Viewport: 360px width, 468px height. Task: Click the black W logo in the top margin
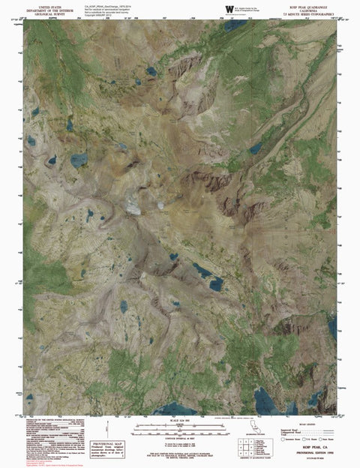228,8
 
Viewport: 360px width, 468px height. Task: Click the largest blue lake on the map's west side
78,159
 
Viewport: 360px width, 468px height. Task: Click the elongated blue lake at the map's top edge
234,25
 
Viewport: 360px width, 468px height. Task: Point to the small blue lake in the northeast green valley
256,148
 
